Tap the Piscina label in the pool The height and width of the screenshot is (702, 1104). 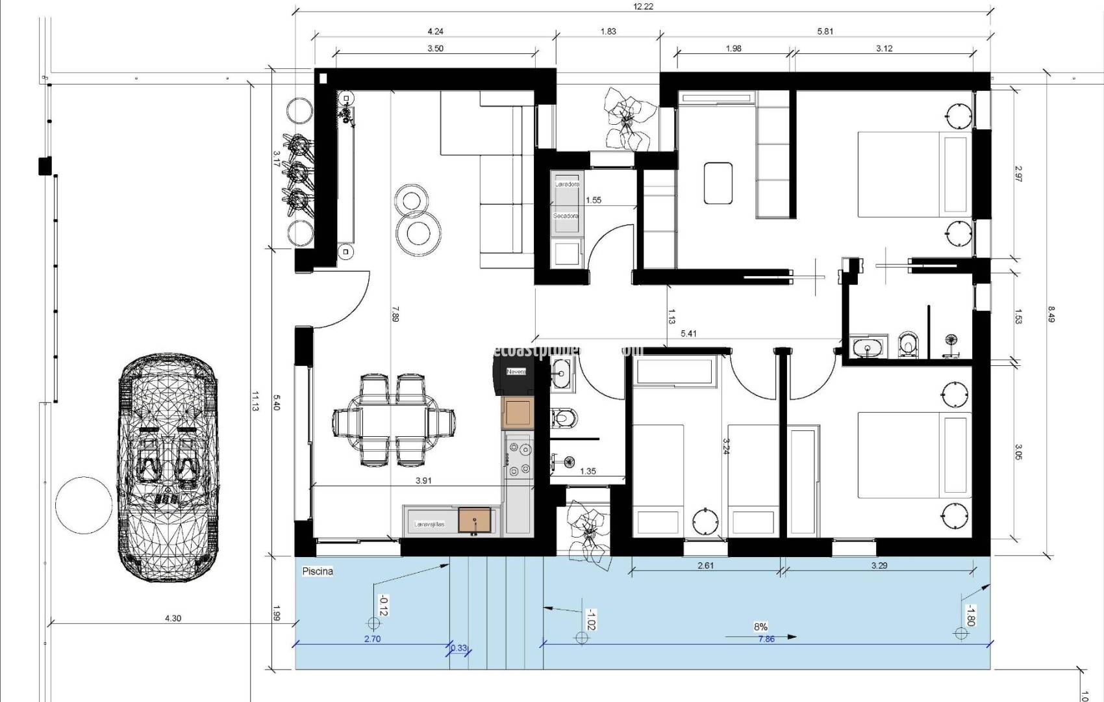pos(318,571)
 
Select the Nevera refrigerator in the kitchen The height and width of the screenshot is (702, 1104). pos(516,372)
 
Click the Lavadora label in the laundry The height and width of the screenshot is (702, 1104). pos(567,185)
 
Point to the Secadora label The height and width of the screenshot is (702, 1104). pos(566,216)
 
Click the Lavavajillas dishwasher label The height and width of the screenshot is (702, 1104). pos(429,524)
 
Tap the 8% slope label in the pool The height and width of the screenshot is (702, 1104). pos(760,627)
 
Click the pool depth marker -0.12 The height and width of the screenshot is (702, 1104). pos(383,605)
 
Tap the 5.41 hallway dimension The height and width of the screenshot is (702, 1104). pos(688,333)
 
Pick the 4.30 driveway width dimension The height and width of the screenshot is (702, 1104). pos(173,618)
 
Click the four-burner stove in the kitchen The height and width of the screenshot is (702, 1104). pos(518,458)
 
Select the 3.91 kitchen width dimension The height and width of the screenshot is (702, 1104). pos(423,481)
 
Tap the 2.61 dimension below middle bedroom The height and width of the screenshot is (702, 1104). pos(705,565)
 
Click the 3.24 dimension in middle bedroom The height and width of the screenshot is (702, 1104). pos(725,445)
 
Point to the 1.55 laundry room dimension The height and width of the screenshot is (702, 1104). pos(593,200)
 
